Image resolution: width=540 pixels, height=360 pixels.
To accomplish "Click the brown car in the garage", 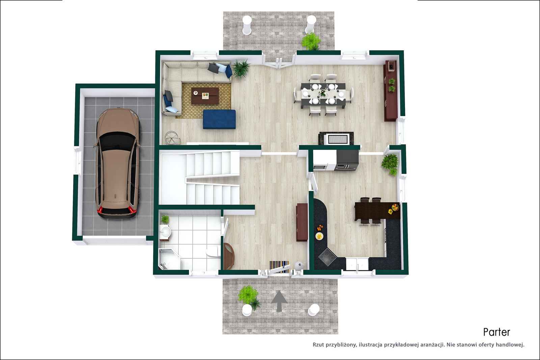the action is click(x=117, y=163).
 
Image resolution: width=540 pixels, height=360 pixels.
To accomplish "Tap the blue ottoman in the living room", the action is click(x=219, y=119).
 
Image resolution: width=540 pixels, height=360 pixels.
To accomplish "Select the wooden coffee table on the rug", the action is click(x=205, y=96).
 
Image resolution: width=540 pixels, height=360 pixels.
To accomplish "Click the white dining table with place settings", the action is click(x=323, y=95).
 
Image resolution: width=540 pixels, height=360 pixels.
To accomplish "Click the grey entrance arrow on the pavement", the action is click(x=279, y=301).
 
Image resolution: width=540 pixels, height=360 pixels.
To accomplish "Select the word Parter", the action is click(x=496, y=332).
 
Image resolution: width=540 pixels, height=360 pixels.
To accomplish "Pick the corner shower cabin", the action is click(x=169, y=259).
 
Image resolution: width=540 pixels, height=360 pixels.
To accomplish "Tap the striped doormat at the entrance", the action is click(x=279, y=267).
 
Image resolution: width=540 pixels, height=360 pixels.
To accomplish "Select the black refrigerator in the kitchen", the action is click(x=347, y=160).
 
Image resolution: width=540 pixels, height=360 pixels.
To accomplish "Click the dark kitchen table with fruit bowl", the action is click(x=377, y=211).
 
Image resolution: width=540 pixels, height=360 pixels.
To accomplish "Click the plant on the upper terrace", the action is click(x=311, y=41).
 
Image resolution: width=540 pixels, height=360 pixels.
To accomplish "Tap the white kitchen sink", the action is click(x=357, y=264).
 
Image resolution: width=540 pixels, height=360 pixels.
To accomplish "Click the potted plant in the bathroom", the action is click(x=165, y=219).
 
